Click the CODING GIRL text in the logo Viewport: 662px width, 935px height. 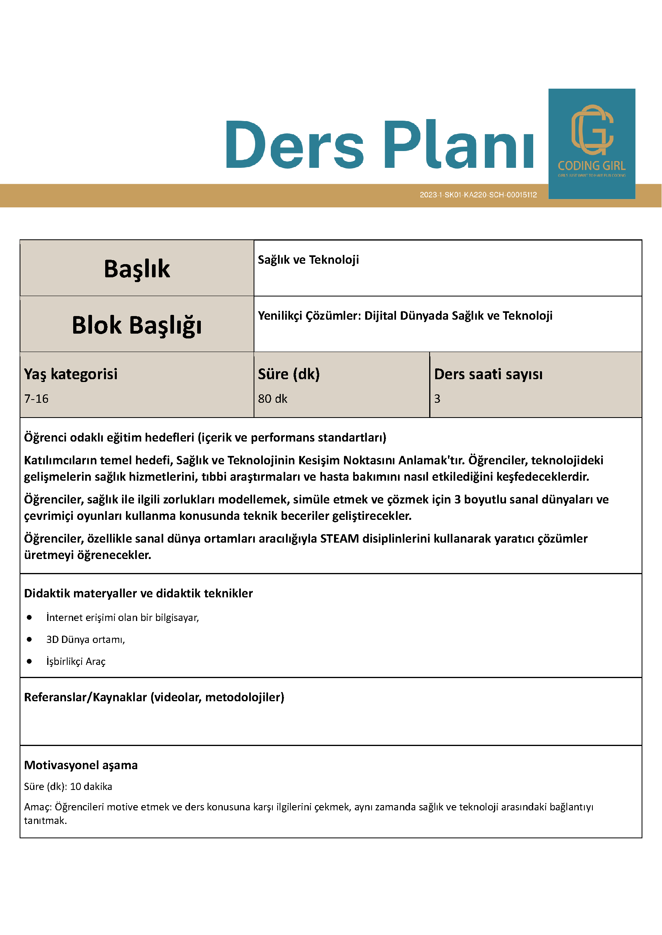pos(592,166)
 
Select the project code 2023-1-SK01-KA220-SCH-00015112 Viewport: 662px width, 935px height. pos(478,195)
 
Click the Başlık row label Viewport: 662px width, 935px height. pos(136,269)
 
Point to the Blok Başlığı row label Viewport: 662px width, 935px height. pos(136,325)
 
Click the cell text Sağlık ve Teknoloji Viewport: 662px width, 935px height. pos(308,260)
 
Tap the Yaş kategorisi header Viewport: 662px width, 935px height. pos(70,374)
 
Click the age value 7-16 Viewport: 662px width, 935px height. pos(36,399)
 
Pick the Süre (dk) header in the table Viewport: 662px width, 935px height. pos(289,374)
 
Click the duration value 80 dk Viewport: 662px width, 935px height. pos(272,399)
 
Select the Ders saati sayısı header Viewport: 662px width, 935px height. pos(488,374)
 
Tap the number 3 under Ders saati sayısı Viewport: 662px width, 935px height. pos(437,399)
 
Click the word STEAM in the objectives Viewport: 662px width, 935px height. pos(339,539)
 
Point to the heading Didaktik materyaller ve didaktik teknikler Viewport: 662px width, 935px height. pos(138,593)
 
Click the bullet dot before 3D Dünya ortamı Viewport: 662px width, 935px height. pos(29,639)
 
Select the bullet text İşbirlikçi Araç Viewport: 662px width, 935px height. pos(76,661)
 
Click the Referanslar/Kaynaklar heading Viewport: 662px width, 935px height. pos(154,697)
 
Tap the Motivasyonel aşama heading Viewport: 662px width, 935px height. pos(81,765)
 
